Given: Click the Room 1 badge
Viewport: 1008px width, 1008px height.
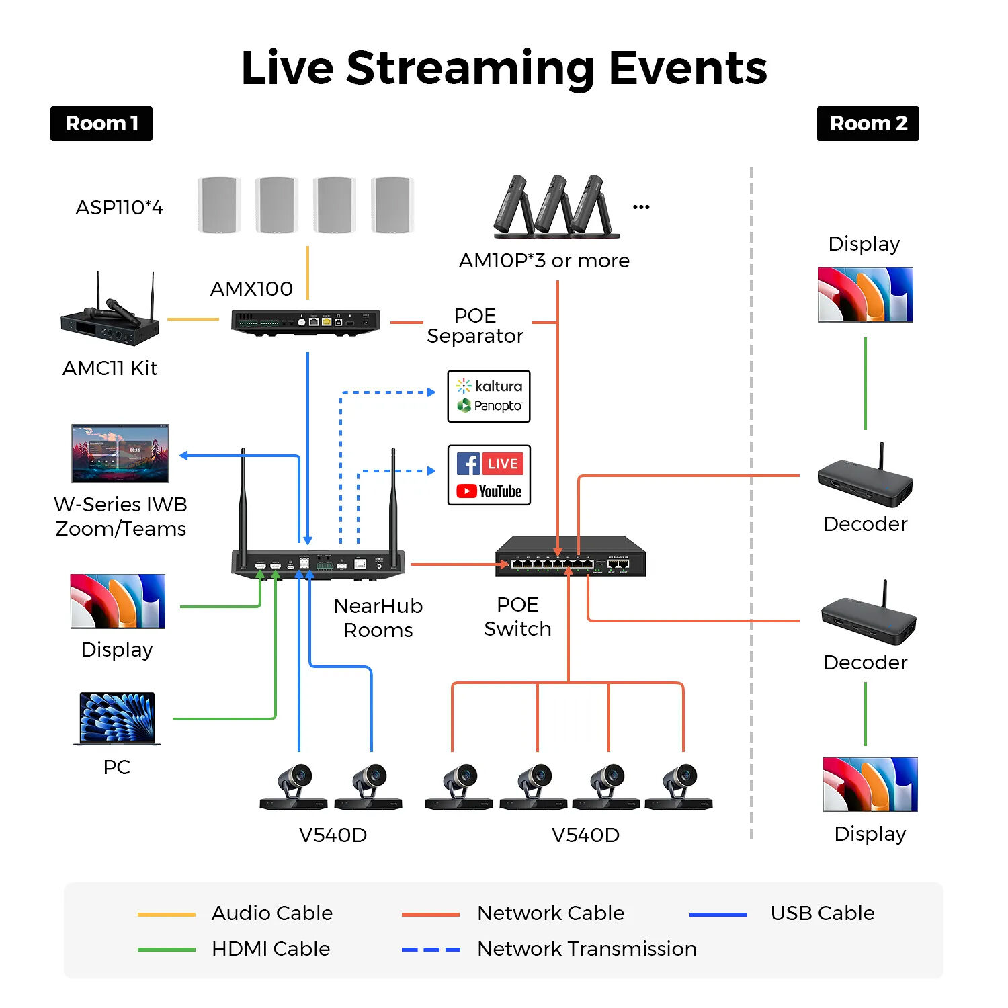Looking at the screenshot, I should [x=101, y=124].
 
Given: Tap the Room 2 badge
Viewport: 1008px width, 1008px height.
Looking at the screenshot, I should [x=868, y=124].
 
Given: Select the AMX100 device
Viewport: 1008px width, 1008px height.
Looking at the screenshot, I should [x=306, y=322].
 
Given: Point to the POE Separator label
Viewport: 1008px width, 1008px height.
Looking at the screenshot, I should [x=475, y=326].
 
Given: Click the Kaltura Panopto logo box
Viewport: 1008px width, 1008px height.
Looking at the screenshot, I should [x=489, y=396].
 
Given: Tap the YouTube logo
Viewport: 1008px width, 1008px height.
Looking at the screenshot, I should [x=489, y=491].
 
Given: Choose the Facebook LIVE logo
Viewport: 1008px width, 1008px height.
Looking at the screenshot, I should [x=489, y=464].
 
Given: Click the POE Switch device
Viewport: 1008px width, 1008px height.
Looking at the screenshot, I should [x=570, y=556].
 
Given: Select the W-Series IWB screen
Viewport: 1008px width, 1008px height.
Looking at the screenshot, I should [x=120, y=453].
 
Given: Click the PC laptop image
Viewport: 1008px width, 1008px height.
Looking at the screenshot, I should [x=117, y=718].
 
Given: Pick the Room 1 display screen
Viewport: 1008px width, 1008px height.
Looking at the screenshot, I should [x=118, y=601].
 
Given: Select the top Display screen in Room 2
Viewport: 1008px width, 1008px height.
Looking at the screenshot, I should [x=866, y=295].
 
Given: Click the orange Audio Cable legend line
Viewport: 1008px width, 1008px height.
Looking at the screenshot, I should [x=166, y=915].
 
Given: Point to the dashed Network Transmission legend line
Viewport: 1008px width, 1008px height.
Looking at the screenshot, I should [x=431, y=950].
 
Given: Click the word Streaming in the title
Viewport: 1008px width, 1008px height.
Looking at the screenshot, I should [x=470, y=69].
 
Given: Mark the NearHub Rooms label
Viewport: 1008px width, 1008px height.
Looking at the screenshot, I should [x=378, y=618].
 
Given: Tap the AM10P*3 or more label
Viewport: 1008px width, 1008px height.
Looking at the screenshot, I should [x=544, y=261].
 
